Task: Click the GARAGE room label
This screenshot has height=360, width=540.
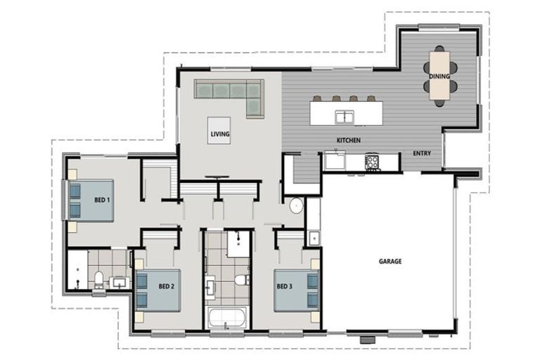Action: (390, 262)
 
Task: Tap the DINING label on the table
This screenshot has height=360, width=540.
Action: (439, 76)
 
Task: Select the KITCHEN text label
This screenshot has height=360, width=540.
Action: (349, 140)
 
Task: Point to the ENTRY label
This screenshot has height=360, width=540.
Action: (422, 153)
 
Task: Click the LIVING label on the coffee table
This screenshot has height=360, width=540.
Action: (220, 134)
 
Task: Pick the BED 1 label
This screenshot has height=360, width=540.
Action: (102, 200)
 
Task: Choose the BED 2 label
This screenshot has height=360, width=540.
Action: (167, 286)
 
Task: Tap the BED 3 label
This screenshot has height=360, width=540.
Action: (285, 286)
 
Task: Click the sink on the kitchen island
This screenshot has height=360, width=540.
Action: (345, 117)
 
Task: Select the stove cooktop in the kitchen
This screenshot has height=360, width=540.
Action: (372, 162)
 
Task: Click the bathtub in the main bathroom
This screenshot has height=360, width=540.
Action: (227, 317)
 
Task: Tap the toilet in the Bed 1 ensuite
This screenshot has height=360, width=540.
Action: (99, 280)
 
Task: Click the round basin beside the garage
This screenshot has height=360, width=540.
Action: (296, 206)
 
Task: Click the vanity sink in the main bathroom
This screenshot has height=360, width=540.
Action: (210, 287)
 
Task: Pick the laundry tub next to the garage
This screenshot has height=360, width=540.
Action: (314, 238)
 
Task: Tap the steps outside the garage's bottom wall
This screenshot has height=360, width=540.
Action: (368, 340)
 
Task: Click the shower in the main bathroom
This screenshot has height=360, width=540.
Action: (238, 243)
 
